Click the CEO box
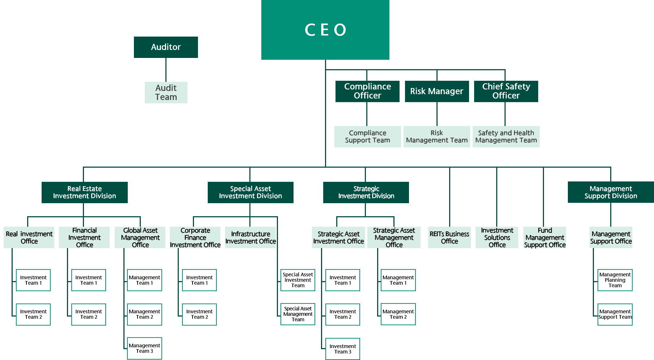coord(325,30)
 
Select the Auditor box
coord(166,47)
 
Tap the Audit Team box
coord(166,92)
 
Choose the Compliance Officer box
coord(367,91)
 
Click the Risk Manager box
coord(436,91)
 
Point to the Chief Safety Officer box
coord(506,91)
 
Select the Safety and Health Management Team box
coord(506,137)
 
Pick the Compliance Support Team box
coord(367,137)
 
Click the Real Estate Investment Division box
coord(84,192)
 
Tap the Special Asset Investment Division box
coord(250,192)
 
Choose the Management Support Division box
coord(611,192)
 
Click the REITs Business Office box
coord(449,238)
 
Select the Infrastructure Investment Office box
coord(250,238)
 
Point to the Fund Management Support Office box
coord(544,238)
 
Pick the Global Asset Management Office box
coord(140,238)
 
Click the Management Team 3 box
coord(144,348)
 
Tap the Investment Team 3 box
coord(342,349)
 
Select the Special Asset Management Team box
coord(298,314)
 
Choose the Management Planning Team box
coord(615,280)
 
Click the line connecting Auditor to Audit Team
coord(166,70)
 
